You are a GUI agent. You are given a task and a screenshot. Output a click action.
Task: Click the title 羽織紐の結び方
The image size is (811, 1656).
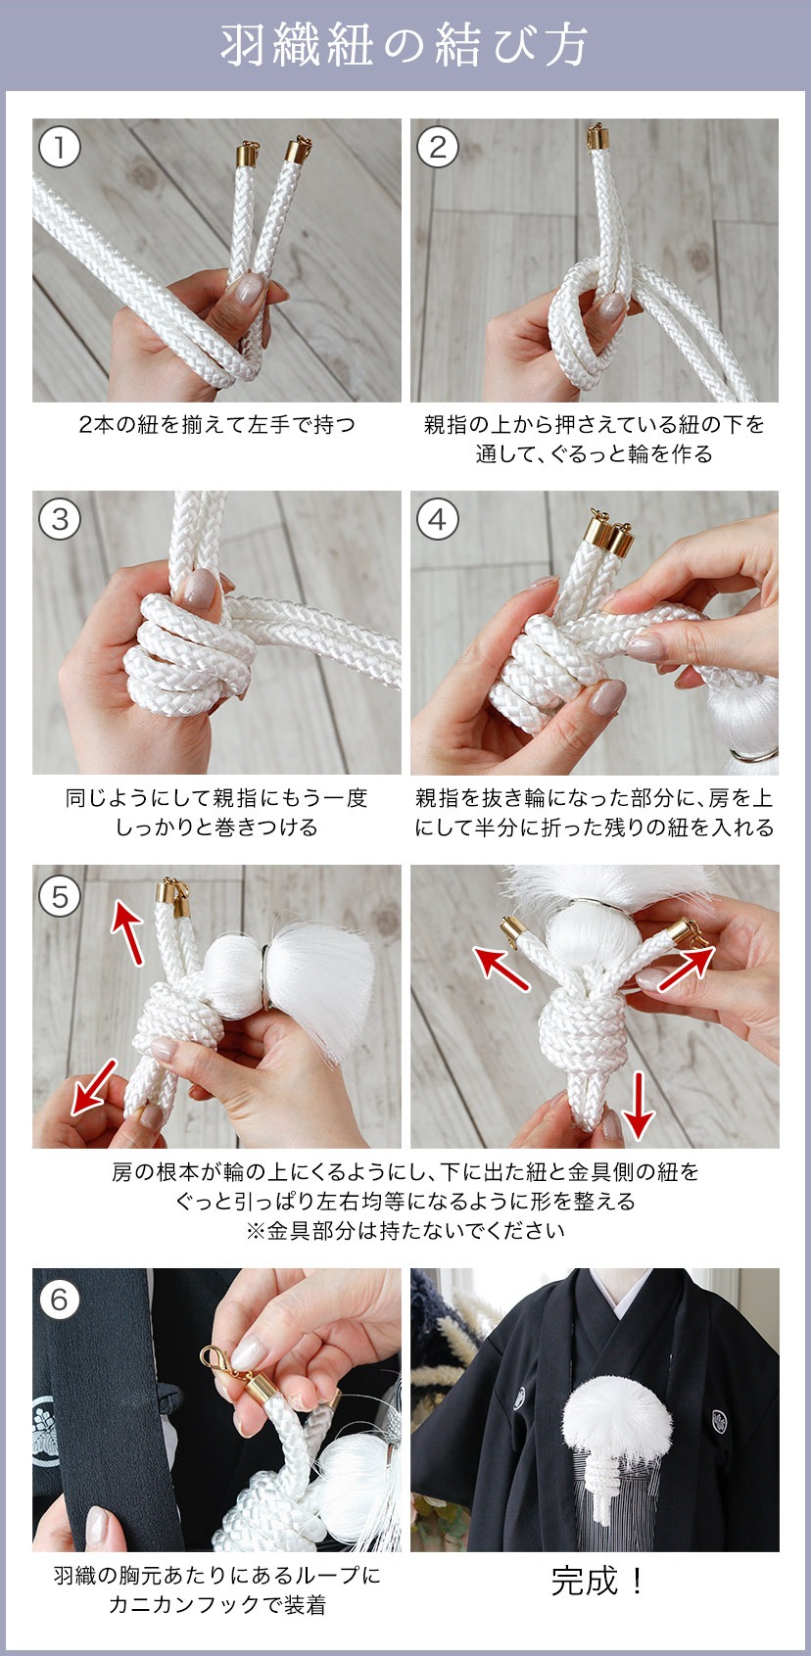(405, 45)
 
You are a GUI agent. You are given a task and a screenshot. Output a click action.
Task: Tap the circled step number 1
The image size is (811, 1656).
(59, 148)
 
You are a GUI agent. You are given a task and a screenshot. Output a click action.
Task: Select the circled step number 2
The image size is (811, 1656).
(438, 148)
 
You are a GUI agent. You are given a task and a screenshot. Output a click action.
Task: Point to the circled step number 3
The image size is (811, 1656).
(59, 520)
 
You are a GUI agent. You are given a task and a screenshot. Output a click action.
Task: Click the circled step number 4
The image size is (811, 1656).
(438, 520)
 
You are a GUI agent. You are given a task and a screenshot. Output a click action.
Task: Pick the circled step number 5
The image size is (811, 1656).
(59, 897)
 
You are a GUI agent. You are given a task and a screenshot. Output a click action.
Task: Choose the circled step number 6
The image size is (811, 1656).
(59, 1300)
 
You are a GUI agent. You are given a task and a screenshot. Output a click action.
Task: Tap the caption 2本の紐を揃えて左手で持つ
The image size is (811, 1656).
(216, 424)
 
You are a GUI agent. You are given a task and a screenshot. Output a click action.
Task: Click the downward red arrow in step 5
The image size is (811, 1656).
(638, 1106)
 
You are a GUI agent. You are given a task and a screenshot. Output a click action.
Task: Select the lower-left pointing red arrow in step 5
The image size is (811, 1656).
(94, 1087)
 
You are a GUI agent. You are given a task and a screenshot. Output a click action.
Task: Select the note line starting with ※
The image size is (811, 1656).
(405, 1230)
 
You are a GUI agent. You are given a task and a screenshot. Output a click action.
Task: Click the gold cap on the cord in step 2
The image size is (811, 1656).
(597, 138)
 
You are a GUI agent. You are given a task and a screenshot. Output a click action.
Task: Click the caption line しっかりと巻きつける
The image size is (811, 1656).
(216, 827)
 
